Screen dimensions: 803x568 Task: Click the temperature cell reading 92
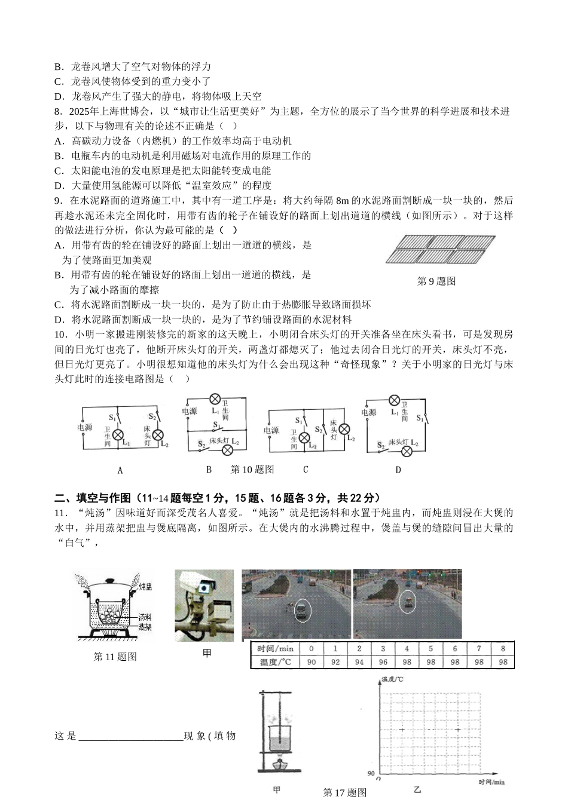click(335, 662)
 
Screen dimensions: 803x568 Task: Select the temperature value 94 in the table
click(359, 662)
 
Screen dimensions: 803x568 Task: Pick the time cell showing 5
click(430, 649)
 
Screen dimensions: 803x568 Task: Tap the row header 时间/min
click(275, 649)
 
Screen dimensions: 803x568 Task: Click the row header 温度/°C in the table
click(275, 662)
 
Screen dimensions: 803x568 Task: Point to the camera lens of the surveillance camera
click(205, 587)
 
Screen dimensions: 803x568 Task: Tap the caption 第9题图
click(436, 281)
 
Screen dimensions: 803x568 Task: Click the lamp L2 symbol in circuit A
click(158, 434)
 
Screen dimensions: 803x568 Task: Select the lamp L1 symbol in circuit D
click(394, 400)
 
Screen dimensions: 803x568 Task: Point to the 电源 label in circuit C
click(271, 430)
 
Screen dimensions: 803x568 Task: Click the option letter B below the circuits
click(209, 470)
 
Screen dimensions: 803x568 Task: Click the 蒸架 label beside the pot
click(145, 627)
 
